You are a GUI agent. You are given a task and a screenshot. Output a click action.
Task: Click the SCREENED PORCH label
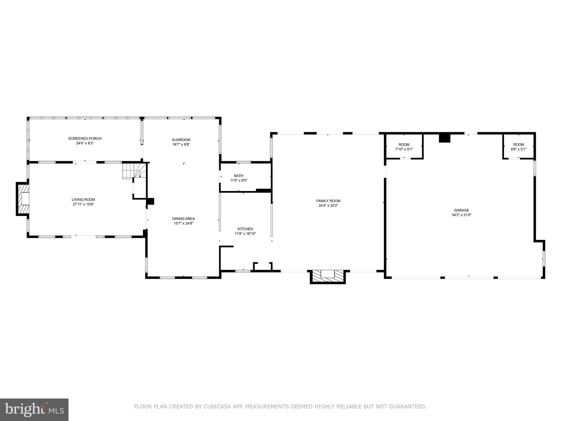pos(85,138)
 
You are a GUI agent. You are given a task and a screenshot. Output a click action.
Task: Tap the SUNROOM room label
pos(181,140)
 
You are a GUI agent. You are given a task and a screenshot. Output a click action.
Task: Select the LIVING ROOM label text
pos(83,200)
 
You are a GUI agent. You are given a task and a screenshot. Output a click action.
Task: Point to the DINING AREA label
pos(183,218)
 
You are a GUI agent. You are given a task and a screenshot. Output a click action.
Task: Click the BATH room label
pos(239,176)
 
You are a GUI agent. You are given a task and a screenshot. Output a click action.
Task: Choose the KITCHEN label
pos(245,229)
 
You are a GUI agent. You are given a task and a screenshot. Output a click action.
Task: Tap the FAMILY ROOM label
pos(328,201)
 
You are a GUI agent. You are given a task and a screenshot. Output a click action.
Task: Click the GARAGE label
pos(461,210)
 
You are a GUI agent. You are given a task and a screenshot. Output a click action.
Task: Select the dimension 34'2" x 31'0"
pos(461,215)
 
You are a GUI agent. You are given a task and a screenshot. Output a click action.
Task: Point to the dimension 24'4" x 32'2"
pos(328,206)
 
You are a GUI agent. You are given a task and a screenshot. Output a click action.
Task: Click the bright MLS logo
pos(34,410)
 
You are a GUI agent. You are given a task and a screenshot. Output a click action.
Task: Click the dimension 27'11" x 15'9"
pos(83,204)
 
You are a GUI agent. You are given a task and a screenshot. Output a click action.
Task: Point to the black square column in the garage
pos(444,138)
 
